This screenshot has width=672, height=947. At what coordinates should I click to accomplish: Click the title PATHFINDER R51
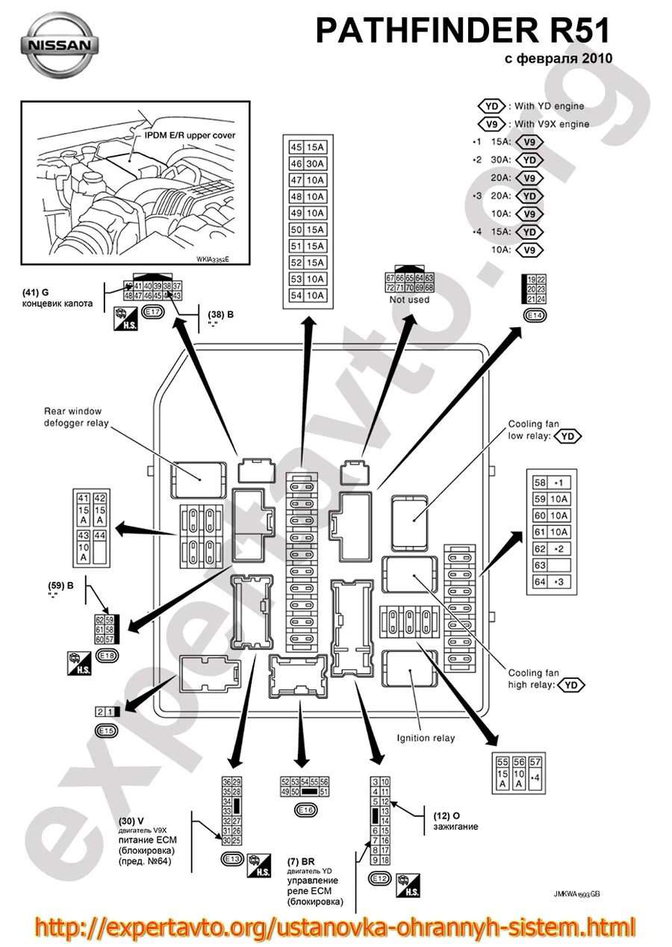coord(462,31)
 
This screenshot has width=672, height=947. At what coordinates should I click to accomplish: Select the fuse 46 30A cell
coord(306,164)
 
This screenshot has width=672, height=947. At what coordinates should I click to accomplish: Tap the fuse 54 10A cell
coord(306,295)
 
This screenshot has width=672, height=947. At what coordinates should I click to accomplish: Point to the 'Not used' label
coord(409,299)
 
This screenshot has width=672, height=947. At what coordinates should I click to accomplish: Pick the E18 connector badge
coord(108,656)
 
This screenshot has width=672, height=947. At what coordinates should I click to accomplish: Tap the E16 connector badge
coord(305,810)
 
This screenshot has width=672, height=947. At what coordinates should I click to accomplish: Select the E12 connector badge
coord(380,878)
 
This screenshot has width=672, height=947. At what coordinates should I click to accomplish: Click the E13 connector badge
coord(232,859)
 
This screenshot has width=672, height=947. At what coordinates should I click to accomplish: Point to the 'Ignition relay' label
coord(426,738)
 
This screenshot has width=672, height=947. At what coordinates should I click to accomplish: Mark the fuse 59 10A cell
coord(551,499)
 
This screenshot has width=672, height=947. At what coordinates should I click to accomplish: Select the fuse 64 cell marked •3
coord(551,581)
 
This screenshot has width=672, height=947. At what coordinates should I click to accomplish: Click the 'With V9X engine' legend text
coord(551,124)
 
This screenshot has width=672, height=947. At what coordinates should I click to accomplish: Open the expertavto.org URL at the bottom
coord(335,927)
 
